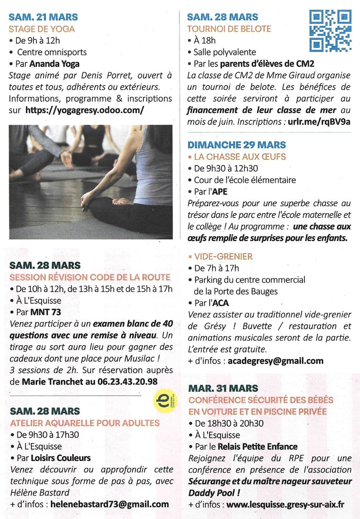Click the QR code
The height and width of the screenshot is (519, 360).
tap(330, 30)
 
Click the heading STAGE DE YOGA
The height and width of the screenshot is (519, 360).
tap(42, 29)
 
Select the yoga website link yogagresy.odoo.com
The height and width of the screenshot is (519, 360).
tap(84, 110)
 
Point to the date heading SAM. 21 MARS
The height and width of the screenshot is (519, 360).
tap(43, 18)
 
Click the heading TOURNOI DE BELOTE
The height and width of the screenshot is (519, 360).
tap(229, 29)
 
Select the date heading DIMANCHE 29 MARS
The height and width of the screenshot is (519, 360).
tap(236, 145)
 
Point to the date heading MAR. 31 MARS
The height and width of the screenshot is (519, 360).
tap(223, 388)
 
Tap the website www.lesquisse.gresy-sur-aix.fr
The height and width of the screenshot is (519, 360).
tap(285, 504)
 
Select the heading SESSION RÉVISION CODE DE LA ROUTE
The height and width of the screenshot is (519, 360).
tap(90, 277)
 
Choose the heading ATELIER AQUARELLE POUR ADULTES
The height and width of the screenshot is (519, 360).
tap(84, 423)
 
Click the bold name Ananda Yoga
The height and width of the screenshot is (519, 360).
tap(54, 64)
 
